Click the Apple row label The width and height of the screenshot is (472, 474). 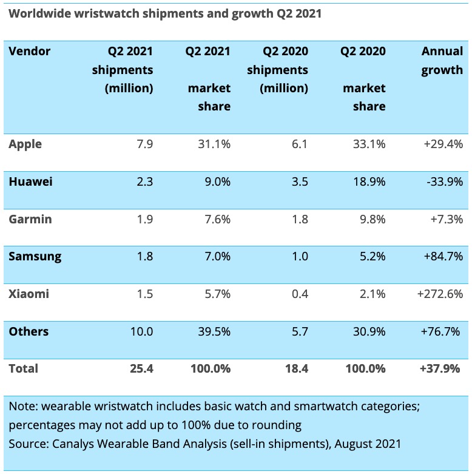[x=25, y=144]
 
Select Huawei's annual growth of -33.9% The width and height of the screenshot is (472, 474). [x=445, y=182]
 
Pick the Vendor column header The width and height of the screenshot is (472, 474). [x=30, y=51]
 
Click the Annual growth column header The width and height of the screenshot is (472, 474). [x=442, y=60]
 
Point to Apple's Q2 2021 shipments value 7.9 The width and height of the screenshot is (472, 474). [x=144, y=144]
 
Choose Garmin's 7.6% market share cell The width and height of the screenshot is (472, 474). [x=215, y=219]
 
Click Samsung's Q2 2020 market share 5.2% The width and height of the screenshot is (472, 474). [x=371, y=257]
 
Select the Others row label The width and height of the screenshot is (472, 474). [x=29, y=331]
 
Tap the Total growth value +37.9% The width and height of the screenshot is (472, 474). [x=442, y=368]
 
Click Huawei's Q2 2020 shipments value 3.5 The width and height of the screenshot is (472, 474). [x=300, y=182]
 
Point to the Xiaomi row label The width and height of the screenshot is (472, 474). [x=29, y=294]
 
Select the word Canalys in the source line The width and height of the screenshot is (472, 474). [x=71, y=444]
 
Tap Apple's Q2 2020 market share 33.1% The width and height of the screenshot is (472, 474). [x=368, y=144]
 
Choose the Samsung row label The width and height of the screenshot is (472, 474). [x=35, y=257]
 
